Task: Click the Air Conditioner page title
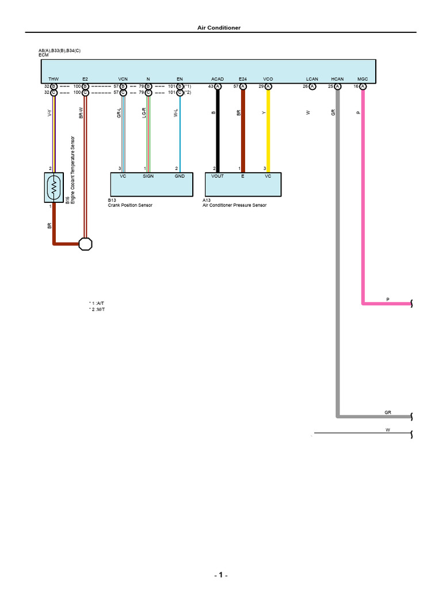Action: [x=221, y=28]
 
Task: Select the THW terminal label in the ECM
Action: [x=54, y=78]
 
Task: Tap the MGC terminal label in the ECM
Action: [x=363, y=78]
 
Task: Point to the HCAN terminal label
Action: [x=337, y=78]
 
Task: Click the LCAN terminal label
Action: [x=312, y=78]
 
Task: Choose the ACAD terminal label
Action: [x=218, y=78]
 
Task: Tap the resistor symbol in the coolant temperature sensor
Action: [x=54, y=187]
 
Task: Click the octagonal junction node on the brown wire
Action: [x=85, y=244]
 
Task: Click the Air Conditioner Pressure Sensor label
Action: [x=234, y=205]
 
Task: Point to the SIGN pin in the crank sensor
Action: [x=148, y=176]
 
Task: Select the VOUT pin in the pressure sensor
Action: [x=218, y=176]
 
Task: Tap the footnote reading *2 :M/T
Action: [x=97, y=309]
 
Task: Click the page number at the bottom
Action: [x=221, y=576]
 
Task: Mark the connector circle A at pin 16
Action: [x=363, y=86]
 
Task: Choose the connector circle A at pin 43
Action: [x=218, y=86]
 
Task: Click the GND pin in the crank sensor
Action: [x=180, y=176]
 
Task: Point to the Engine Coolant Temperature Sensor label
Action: [x=73, y=170]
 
